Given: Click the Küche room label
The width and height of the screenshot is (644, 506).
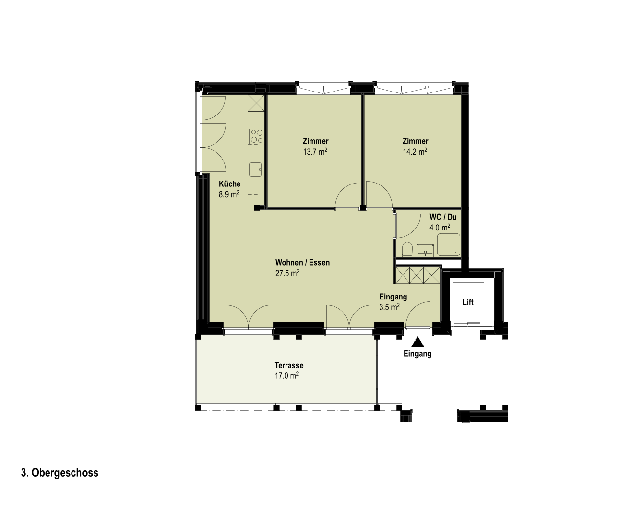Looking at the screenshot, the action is coord(230,184).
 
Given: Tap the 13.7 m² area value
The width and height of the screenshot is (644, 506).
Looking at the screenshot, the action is coord(315,152).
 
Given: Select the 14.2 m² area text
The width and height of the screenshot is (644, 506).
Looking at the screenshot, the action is coord(415,152).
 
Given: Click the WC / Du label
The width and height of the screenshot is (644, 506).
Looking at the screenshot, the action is coord(443,217).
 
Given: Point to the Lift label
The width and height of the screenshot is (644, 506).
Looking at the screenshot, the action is coord(468,302).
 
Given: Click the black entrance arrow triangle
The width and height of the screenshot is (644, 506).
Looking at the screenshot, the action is coord(417,342).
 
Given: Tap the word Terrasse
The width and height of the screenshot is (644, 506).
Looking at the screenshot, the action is coord(289,365).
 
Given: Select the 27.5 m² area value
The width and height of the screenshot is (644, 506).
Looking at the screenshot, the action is coord(287,273).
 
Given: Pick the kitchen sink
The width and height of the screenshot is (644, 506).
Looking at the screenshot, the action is coord(255,169).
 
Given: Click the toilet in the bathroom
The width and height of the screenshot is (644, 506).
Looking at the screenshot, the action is coord(407,250).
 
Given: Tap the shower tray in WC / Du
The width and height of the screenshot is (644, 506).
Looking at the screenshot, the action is coord(449,245).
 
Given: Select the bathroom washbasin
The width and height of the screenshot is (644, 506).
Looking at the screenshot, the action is coord(426,250).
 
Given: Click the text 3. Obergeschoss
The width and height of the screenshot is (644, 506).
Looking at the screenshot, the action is coord(60,473).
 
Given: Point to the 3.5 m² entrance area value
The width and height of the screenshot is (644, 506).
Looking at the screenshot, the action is coord(389,307).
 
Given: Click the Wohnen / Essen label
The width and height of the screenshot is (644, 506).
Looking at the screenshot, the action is coord(302,263).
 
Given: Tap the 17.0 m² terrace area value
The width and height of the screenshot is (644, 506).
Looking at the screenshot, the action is coord(286,376).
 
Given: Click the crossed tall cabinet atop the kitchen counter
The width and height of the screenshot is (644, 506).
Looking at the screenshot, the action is coord(257,103).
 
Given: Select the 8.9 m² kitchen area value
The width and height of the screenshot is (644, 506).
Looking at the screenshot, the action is coord(229,194).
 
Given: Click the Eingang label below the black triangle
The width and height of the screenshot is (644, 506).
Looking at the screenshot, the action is coord(417,354).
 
